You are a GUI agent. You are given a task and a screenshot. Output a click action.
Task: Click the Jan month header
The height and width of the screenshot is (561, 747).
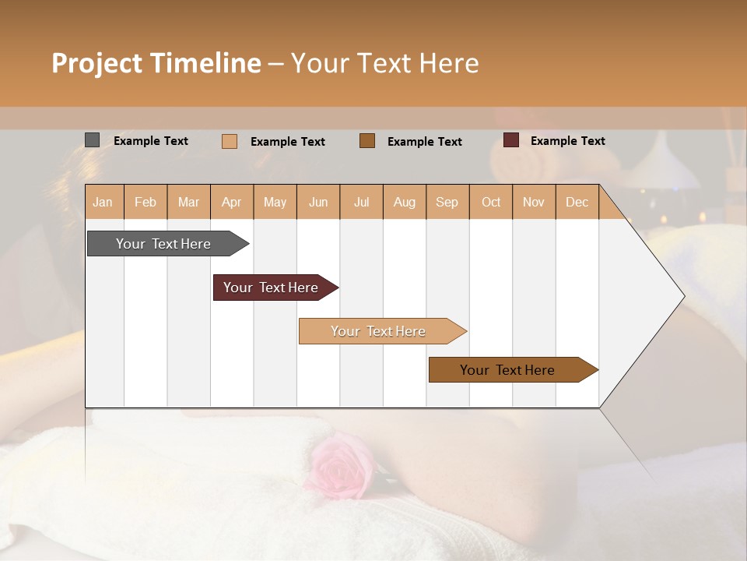[103, 202]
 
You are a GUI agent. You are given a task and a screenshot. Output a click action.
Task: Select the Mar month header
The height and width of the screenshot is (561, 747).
[188, 202]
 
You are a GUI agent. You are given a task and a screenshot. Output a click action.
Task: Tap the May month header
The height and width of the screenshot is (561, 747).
[275, 202]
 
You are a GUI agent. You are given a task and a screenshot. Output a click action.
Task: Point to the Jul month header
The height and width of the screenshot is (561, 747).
[361, 202]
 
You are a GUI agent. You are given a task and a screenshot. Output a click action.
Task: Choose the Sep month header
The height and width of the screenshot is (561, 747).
[447, 202]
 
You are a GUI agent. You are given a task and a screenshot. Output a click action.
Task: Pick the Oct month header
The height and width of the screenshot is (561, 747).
[491, 202]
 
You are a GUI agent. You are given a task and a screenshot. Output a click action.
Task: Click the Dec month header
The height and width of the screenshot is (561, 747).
[577, 202]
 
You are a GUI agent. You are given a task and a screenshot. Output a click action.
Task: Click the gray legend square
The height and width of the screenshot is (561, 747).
[92, 140]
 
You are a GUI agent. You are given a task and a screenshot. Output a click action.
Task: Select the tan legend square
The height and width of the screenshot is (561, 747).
[230, 141]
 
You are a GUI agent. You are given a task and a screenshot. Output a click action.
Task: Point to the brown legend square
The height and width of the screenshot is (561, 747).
[367, 141]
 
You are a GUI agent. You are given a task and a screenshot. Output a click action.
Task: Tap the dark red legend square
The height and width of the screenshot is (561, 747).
[511, 140]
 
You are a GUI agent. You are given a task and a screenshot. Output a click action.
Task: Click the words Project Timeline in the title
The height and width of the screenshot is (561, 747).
[156, 63]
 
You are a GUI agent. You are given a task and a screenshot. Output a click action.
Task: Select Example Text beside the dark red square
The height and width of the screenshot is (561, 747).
[567, 141]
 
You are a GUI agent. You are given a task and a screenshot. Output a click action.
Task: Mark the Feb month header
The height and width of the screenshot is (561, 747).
[146, 202]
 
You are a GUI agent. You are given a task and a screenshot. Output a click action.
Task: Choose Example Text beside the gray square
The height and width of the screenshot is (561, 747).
[151, 141]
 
